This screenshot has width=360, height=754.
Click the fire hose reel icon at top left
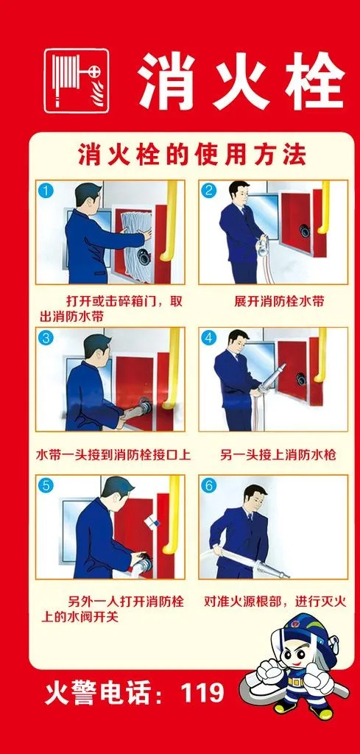pos(76,81)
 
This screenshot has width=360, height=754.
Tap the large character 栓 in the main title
pos(315,81)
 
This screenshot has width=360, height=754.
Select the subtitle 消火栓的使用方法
pos(191,156)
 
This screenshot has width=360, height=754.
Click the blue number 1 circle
pos(46,191)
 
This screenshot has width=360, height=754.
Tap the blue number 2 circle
pos(209,191)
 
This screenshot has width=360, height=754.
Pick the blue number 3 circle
pos(46,338)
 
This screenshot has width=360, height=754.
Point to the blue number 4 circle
pos(209,338)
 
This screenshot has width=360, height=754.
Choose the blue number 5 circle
pos(46,486)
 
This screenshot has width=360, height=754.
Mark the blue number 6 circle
pos(209,486)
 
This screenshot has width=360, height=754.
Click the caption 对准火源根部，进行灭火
pos(275,602)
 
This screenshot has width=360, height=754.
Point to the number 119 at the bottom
pos(202,693)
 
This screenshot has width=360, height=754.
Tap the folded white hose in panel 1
pos(136,243)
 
